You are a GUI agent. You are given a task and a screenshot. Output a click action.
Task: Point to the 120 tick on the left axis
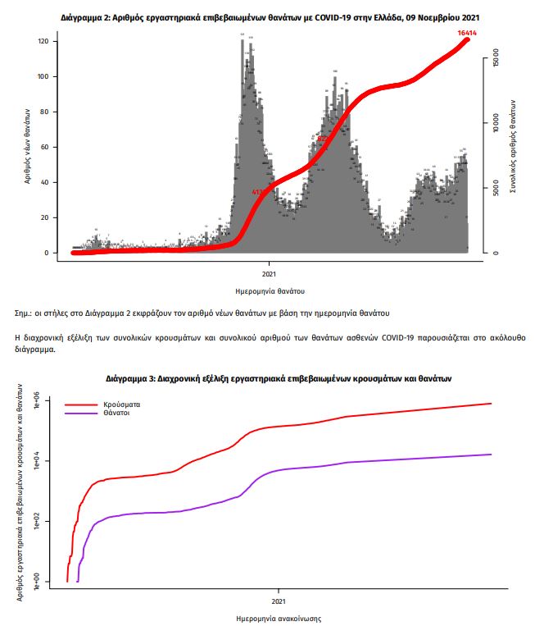pyautogui.click(x=44, y=42)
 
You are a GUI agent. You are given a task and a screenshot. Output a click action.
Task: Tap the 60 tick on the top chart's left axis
pyautogui.click(x=46, y=148)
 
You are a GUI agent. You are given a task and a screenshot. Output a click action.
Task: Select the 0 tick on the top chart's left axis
pyautogui.click(x=48, y=253)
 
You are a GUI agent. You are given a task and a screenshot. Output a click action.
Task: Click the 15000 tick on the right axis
pyautogui.click(x=496, y=61)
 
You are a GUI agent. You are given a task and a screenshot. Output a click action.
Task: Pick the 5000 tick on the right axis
pyautogui.click(x=496, y=190)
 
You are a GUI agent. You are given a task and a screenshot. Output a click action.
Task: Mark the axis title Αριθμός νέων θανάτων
pyautogui.click(x=28, y=145)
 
